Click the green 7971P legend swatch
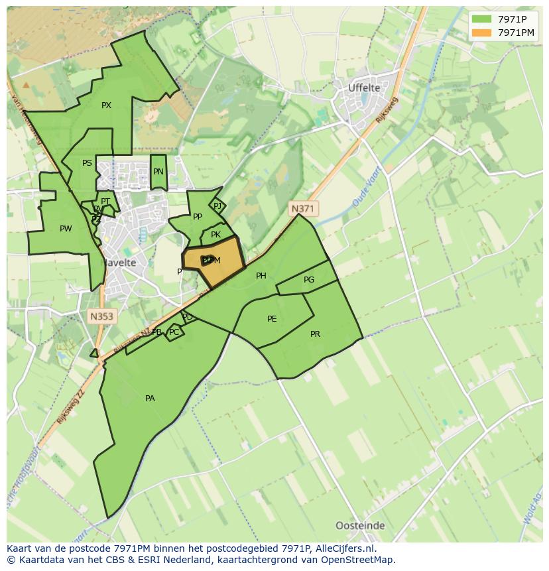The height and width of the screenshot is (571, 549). pyautogui.click(x=482, y=19)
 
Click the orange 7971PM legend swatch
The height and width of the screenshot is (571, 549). pyautogui.click(x=482, y=32)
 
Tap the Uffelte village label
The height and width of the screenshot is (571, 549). pyautogui.click(x=364, y=88)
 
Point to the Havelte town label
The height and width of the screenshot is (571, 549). pyautogui.click(x=119, y=263)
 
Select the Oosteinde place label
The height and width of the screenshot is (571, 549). pyautogui.click(x=360, y=526)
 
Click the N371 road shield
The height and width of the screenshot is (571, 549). pyautogui.click(x=302, y=208)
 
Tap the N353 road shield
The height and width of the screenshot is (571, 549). pyautogui.click(x=101, y=316)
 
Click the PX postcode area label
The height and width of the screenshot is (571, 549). pyautogui.click(x=106, y=105)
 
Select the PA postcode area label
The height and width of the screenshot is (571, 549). pyautogui.click(x=150, y=399)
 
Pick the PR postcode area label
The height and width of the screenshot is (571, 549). pyautogui.click(x=315, y=334)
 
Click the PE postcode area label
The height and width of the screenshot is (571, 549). pyautogui.click(x=272, y=319)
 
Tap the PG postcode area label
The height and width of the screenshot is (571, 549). pyautogui.click(x=309, y=280)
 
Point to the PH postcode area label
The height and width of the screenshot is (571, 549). pyautogui.click(x=261, y=276)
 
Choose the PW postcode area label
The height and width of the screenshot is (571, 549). pyautogui.click(x=66, y=229)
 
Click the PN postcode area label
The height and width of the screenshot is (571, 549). pyautogui.click(x=158, y=172)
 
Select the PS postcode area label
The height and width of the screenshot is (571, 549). pyautogui.click(x=87, y=163)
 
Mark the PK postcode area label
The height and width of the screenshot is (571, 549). pyautogui.click(x=215, y=235)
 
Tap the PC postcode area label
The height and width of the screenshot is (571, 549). pyautogui.click(x=174, y=332)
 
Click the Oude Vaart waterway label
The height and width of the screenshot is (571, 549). pyautogui.click(x=365, y=191)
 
